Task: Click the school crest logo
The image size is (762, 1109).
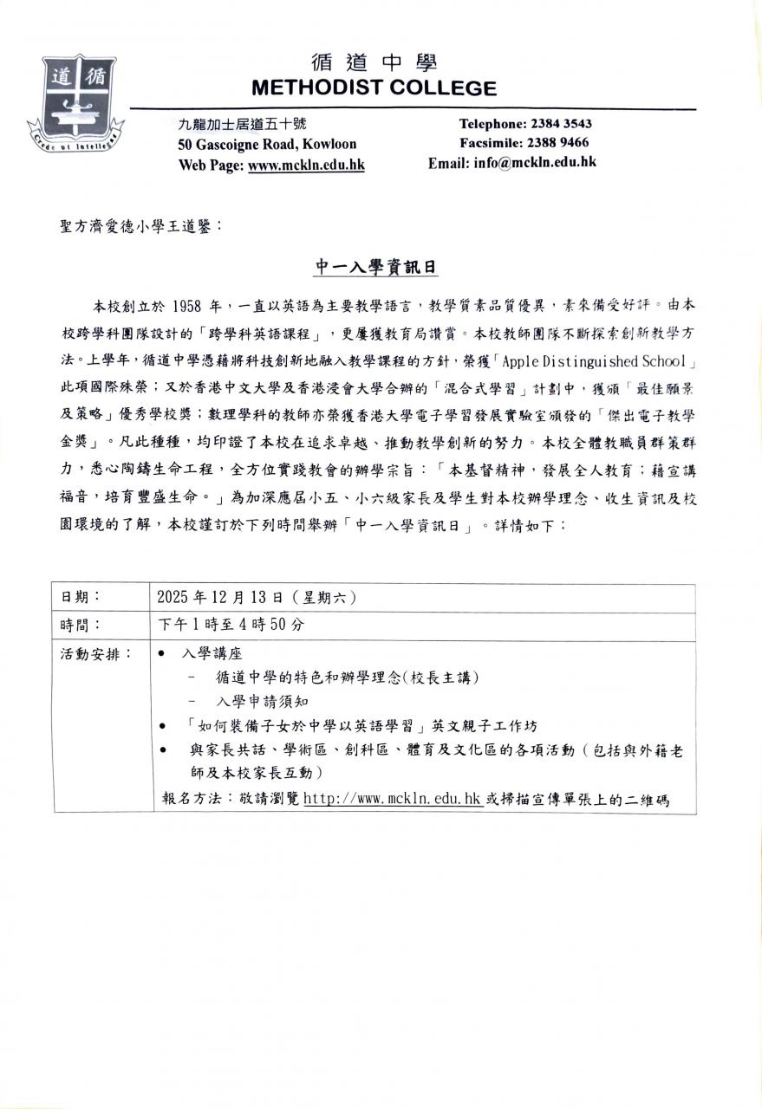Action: (x=75, y=104)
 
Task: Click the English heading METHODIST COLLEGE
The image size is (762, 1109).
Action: (x=374, y=88)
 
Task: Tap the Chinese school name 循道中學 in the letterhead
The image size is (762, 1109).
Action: (x=374, y=62)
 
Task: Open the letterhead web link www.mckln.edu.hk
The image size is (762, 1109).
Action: (x=306, y=164)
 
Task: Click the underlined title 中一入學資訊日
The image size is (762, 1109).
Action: (x=374, y=269)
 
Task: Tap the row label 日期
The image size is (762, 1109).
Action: (x=81, y=598)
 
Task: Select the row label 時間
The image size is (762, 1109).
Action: (x=81, y=625)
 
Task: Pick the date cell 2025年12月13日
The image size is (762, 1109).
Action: (x=221, y=598)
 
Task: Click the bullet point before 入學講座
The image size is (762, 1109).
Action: (x=165, y=654)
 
